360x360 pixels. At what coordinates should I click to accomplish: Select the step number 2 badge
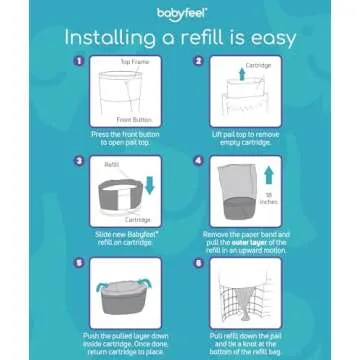198,61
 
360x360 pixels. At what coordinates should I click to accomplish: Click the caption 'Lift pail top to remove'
245,134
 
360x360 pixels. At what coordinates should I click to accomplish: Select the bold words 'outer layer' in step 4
259,242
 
